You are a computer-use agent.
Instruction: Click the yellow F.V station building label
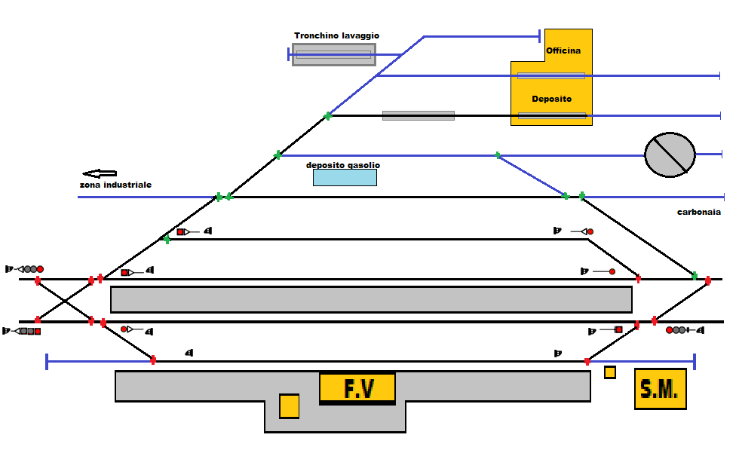357,388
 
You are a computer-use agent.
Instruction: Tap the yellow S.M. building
661,389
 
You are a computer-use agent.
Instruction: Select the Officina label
563,51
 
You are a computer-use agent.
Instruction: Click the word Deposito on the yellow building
551,99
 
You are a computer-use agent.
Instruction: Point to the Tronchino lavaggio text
336,35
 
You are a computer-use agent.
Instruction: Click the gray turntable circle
670,155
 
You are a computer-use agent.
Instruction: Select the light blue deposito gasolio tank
345,177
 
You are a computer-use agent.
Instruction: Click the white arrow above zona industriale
100,173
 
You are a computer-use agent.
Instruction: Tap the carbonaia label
701,213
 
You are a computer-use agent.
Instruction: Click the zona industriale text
115,185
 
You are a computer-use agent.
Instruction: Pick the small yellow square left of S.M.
609,372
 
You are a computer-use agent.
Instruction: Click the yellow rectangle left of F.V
289,406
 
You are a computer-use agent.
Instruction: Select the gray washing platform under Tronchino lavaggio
333,54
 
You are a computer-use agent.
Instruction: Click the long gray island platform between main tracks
371,299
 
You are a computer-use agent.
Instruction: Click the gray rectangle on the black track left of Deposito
418,115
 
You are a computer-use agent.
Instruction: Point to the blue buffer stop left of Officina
539,35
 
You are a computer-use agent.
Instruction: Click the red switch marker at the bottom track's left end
153,360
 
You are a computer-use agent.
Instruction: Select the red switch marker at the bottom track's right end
587,362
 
